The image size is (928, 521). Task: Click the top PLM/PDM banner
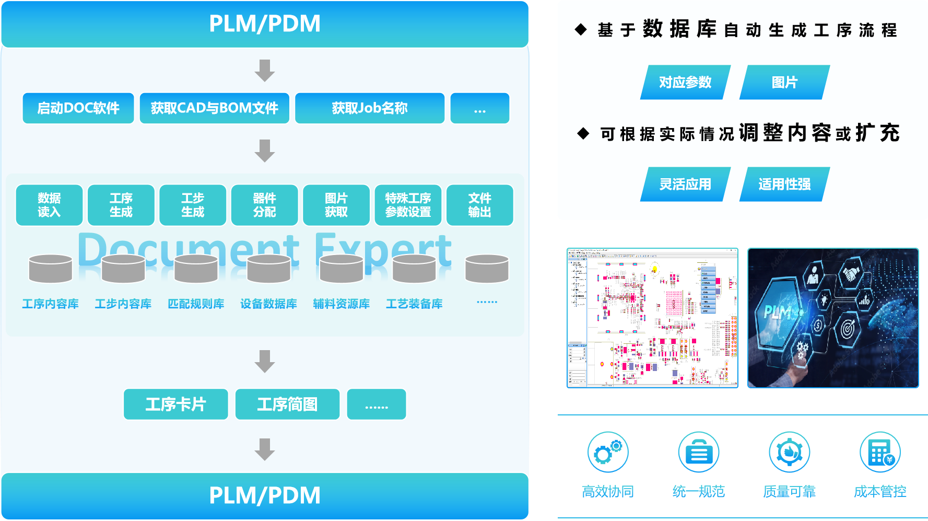point(265,24)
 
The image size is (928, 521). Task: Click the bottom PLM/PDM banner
point(265,495)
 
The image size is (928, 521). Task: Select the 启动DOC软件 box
point(78,108)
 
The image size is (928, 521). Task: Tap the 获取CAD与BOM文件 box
point(214,108)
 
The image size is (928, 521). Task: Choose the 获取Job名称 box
point(370,108)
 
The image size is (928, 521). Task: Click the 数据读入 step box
point(49,205)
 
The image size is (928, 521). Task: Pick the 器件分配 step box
point(264,205)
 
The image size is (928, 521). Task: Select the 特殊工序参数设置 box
point(408,205)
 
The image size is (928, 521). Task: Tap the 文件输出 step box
point(479,205)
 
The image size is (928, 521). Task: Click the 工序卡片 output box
point(175,404)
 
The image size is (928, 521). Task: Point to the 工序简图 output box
point(287,404)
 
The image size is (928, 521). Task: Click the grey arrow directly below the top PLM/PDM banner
point(265,71)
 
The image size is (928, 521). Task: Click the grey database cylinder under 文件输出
point(487,269)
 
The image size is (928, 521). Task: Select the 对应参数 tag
point(685,82)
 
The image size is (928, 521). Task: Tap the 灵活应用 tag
point(685,184)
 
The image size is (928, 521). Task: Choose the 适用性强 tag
point(784,184)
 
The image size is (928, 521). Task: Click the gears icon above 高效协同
point(607,451)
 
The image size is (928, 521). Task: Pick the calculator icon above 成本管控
point(880,451)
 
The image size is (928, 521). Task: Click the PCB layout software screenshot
point(652,318)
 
